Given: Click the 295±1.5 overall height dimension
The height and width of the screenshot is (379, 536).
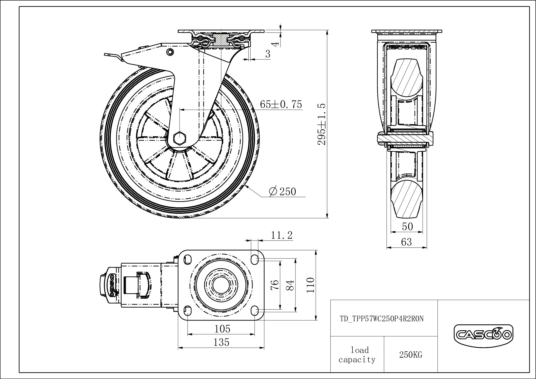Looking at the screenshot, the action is tap(321, 124).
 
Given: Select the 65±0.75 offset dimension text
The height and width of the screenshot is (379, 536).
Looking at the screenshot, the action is tap(281, 104).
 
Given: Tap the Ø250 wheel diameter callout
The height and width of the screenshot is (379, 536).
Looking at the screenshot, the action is tap(282, 191).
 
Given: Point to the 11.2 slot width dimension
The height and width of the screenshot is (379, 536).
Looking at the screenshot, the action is tap(282, 235).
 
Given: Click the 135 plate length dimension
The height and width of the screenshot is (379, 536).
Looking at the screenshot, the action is tap(221, 342).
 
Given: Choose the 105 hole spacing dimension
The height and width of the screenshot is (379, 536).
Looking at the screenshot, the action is tap(222, 329).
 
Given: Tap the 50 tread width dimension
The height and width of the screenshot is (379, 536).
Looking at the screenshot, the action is tap(407, 227).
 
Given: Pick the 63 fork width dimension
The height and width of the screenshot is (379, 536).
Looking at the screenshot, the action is tap(407, 242).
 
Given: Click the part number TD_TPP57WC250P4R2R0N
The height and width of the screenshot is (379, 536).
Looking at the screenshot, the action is tap(382, 318).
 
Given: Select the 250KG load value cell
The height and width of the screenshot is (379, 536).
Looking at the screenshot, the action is tap(411, 355).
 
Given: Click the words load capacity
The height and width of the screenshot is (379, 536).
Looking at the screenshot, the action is tap(357, 355).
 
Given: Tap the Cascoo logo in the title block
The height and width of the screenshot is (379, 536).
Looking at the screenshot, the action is tap(483, 335).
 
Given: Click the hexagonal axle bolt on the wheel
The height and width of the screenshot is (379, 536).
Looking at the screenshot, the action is tap(180, 138).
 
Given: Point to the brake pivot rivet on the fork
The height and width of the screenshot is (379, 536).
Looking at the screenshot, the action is tap(170, 52).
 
